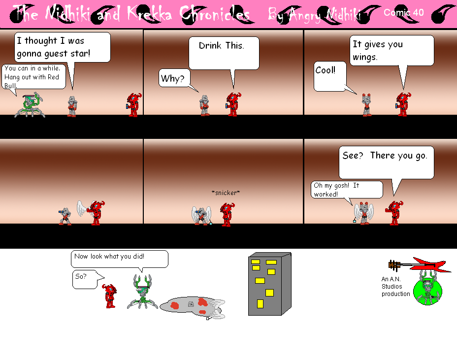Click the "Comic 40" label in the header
tap(403, 13)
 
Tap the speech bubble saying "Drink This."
tap(224, 52)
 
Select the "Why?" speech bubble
tap(172, 78)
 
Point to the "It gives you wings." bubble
tap(392, 50)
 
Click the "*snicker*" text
tap(226, 193)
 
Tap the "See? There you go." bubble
tap(386, 162)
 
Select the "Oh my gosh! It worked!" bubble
tap(347, 190)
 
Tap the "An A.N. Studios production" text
tap(395, 286)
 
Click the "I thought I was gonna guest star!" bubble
tap(61, 47)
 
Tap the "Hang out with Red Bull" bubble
tap(33, 76)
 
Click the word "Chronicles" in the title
tap(215, 14)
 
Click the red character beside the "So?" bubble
tap(110, 295)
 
